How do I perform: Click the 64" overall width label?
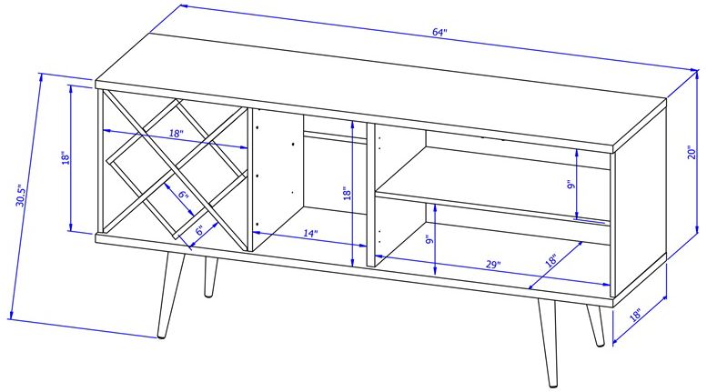click(439, 32)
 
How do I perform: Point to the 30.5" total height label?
click(21, 196)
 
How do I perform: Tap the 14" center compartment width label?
click(310, 234)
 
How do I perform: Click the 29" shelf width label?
click(493, 265)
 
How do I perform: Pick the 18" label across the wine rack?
click(177, 134)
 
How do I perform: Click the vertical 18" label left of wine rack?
click(66, 158)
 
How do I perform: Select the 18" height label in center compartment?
click(347, 194)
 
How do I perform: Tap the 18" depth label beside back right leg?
click(635, 314)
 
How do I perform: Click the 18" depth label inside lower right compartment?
click(551, 260)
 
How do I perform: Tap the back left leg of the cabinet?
click(210, 277)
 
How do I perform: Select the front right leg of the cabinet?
click(548, 344)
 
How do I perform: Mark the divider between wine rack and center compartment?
click(248, 179)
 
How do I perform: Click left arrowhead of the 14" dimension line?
click(256, 233)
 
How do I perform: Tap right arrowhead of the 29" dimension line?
click(606, 284)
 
